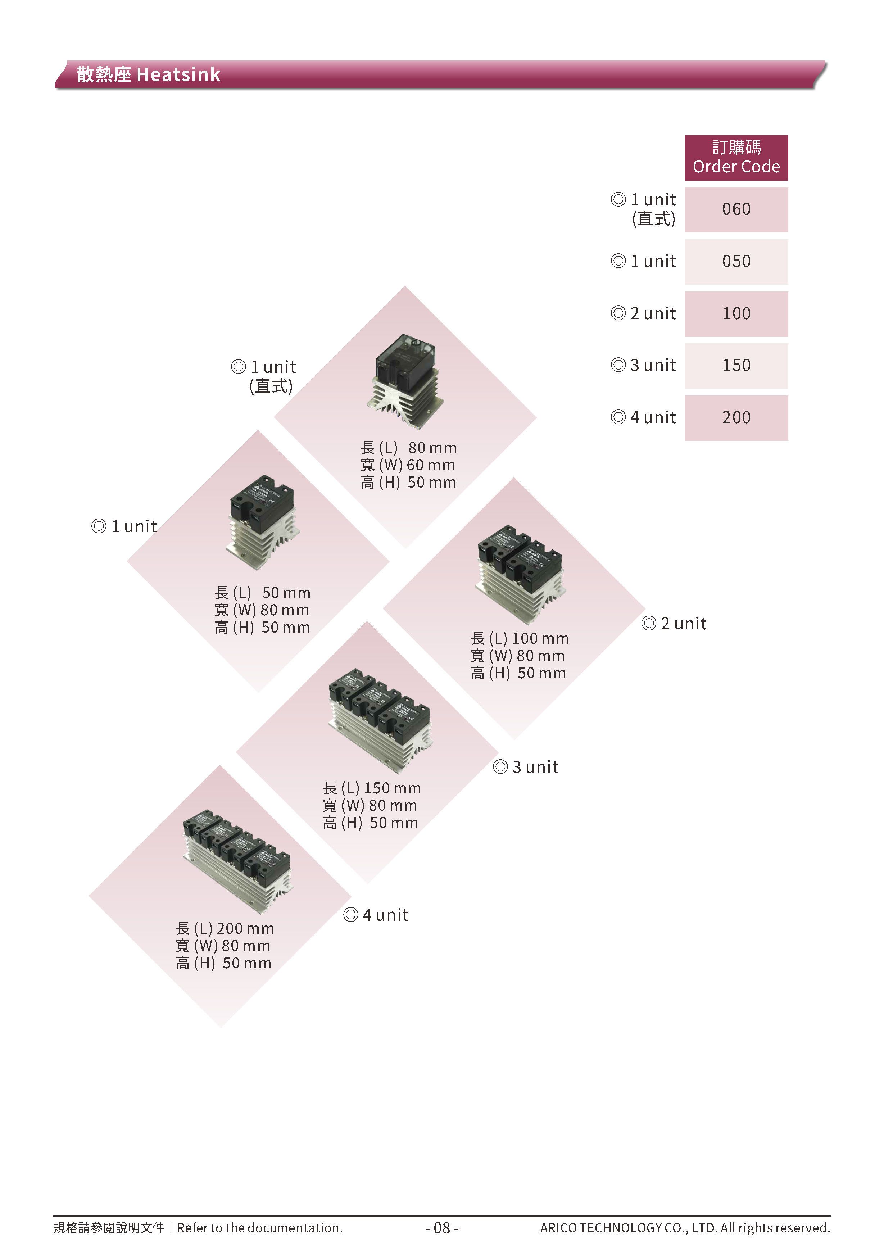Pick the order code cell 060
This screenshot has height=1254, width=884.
coord(736,209)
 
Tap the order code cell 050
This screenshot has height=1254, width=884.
coord(736,261)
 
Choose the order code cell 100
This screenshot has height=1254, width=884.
coord(736,313)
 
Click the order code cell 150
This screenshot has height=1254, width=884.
coord(736,365)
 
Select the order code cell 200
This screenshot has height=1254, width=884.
coord(736,418)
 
